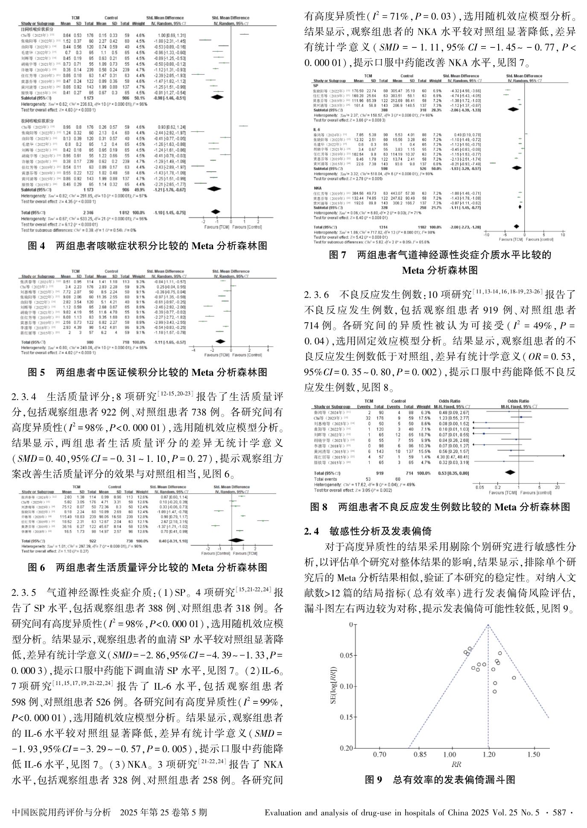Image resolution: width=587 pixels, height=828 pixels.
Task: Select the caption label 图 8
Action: [318, 507]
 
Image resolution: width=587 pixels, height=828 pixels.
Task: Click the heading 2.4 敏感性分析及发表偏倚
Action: [368, 531]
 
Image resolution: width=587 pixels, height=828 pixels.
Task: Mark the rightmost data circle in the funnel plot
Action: [514, 677]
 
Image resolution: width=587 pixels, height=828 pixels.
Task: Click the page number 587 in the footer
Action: [559, 813]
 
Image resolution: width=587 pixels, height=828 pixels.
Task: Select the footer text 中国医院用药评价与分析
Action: [62, 813]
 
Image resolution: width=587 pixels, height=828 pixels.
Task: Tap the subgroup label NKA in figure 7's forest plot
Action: [318, 188]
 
